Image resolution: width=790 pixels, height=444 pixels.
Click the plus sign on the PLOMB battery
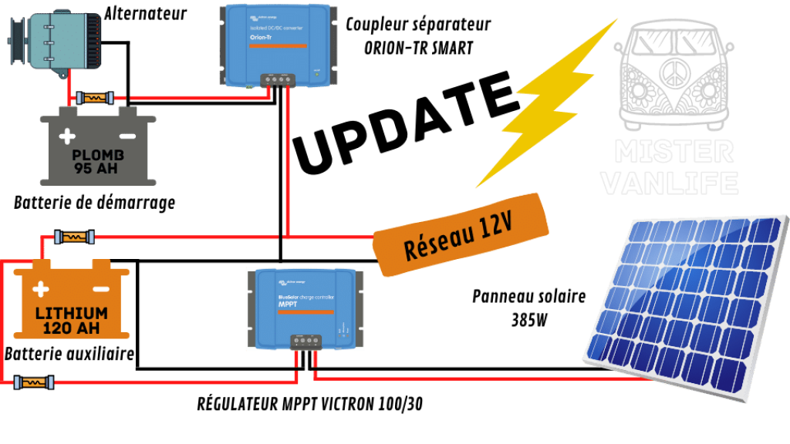click(68, 137)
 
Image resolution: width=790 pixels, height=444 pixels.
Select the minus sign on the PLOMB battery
click(127, 136)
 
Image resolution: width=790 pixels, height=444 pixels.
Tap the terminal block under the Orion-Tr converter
click(278, 79)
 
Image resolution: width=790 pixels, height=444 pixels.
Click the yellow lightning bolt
click(548, 104)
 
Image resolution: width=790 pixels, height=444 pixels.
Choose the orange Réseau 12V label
click(461, 234)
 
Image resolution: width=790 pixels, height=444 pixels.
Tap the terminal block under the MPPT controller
click(306, 341)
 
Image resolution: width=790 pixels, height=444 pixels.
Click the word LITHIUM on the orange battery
click(71, 313)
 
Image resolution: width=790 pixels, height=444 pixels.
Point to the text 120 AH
click(71, 327)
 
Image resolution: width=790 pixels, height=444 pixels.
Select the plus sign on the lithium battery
click(40, 290)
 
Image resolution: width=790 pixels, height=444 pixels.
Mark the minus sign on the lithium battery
click(100, 289)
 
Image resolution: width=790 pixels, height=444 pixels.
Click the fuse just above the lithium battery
click(74, 237)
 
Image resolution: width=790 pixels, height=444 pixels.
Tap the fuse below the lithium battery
click(34, 382)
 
